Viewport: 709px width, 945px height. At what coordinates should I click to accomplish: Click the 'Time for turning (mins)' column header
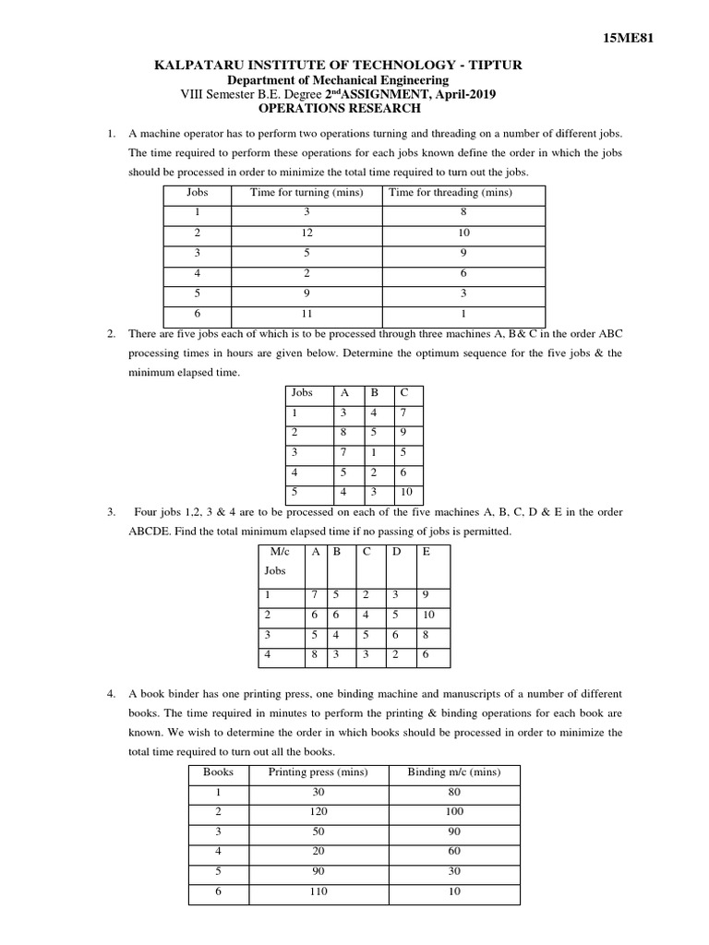(x=306, y=193)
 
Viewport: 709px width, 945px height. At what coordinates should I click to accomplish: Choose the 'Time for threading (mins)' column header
(x=451, y=193)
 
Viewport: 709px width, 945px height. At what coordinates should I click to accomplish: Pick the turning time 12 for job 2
(x=306, y=233)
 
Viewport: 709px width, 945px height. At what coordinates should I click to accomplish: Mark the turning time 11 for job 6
(x=306, y=315)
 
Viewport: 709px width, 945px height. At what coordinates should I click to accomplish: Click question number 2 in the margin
(x=111, y=333)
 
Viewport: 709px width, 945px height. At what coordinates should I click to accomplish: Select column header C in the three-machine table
(x=403, y=392)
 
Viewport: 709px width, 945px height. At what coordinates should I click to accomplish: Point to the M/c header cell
(x=279, y=551)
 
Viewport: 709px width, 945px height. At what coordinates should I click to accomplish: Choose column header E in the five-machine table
(x=426, y=551)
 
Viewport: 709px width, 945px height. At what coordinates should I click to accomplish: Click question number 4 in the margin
(x=111, y=693)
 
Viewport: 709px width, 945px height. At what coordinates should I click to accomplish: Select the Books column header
(x=218, y=772)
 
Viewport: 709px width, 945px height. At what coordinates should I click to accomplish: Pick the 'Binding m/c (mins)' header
(x=453, y=772)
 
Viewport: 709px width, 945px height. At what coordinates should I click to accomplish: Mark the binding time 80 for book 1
(x=453, y=792)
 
